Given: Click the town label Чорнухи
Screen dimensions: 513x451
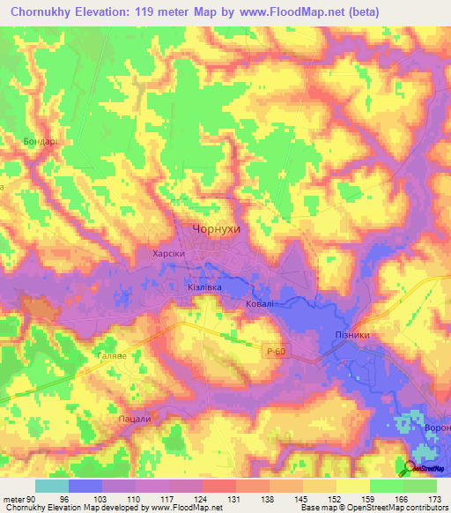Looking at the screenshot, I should tap(216, 228).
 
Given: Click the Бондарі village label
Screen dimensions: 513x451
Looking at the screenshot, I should tap(41, 140).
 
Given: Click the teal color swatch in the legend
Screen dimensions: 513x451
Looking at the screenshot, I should tap(51, 486).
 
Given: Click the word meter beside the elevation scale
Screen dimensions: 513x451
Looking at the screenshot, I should tap(13, 498).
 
